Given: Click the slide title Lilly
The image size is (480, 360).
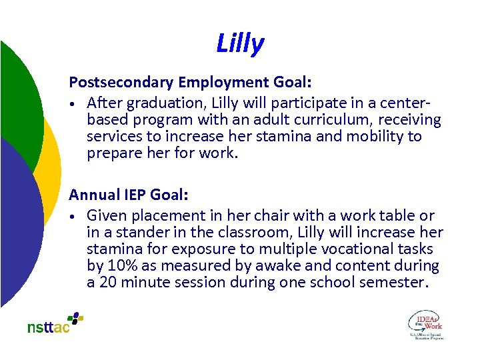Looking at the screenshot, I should pos(240,44).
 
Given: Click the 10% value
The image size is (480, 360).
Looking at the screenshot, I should pos(123,266).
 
